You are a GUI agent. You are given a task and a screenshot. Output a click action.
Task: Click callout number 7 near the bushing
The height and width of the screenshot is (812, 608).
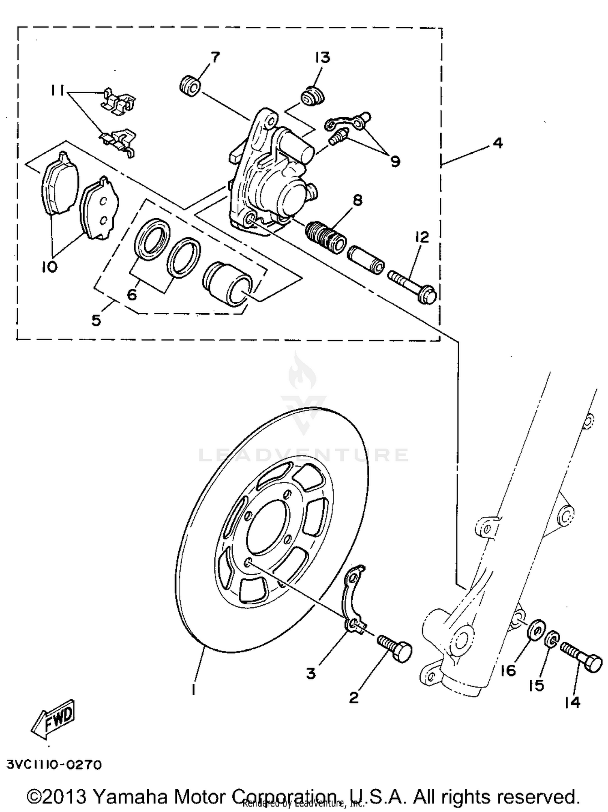(215, 57)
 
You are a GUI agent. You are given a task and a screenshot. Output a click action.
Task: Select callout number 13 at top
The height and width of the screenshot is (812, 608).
(323, 58)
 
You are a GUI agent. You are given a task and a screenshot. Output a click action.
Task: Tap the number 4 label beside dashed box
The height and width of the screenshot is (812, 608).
(498, 143)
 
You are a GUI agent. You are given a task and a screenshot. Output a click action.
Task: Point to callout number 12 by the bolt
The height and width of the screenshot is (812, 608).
(422, 237)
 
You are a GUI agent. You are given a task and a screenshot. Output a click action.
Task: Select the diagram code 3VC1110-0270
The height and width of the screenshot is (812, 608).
(54, 765)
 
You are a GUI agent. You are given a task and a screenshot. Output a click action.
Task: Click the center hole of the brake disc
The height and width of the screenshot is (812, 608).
(268, 527)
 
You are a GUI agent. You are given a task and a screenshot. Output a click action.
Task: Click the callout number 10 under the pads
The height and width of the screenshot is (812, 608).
(49, 266)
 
